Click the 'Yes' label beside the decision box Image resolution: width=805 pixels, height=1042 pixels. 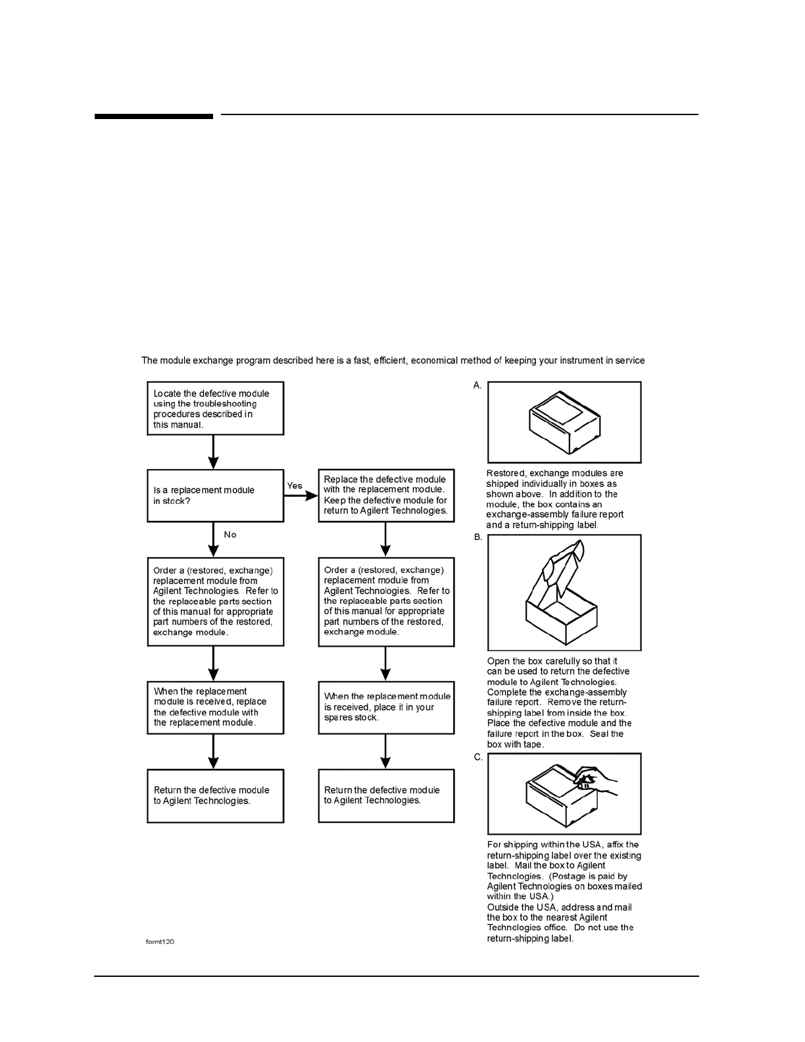point(295,486)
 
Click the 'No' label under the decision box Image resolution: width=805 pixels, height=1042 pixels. point(230,535)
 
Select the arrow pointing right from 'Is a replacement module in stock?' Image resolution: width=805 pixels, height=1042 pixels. point(301,496)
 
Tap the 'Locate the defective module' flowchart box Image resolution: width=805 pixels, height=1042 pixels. point(215,409)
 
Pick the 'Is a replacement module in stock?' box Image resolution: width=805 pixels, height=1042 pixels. point(215,495)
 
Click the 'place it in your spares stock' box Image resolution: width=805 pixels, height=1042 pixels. point(386,707)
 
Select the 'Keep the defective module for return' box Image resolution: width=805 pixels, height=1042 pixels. point(386,495)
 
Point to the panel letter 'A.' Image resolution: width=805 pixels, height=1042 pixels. point(477,385)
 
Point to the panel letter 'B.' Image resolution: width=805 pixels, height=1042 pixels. point(478,537)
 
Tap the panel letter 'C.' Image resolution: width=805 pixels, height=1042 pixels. point(478,757)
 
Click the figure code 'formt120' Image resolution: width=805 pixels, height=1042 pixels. point(160,941)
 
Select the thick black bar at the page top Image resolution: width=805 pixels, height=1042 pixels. point(153,116)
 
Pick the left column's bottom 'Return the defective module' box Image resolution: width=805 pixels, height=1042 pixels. point(215,795)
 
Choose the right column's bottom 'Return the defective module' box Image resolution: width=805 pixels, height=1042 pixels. point(386,795)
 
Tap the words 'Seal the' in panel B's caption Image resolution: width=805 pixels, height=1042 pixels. point(606,734)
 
